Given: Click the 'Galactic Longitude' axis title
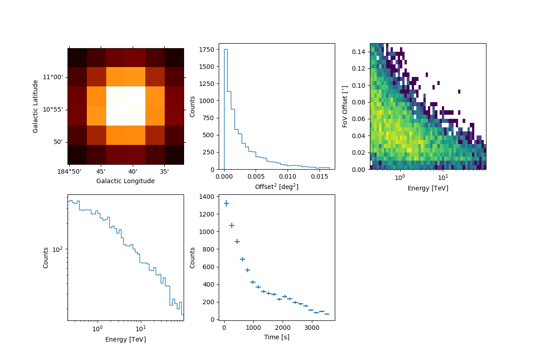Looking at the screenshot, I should [x=126, y=181].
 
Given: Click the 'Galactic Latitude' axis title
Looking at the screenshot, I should [x=36, y=106].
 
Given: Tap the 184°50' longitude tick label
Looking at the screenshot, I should [x=69, y=171].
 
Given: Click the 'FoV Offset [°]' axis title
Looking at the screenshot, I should [x=345, y=106].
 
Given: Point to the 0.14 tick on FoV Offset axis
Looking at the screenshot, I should [x=359, y=52].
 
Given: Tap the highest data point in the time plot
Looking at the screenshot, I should [x=226, y=203].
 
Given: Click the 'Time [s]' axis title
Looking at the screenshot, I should [x=277, y=337].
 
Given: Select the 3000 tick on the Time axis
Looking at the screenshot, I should [x=312, y=328].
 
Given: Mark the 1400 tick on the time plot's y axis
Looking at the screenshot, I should [x=209, y=197].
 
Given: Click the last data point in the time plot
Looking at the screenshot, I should [x=327, y=314].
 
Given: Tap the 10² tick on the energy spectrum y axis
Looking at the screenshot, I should [x=58, y=249].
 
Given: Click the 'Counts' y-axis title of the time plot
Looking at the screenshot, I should [x=193, y=257].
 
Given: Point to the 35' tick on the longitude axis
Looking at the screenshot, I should [x=164, y=171].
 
